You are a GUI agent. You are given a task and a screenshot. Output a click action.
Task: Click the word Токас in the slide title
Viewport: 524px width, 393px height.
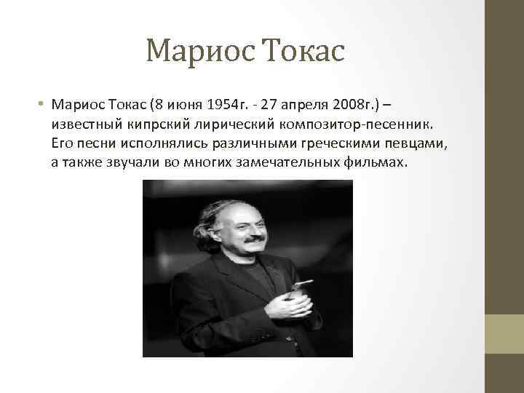[x=306, y=51]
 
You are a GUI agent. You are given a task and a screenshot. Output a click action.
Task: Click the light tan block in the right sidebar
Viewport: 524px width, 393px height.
[x=504, y=334]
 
